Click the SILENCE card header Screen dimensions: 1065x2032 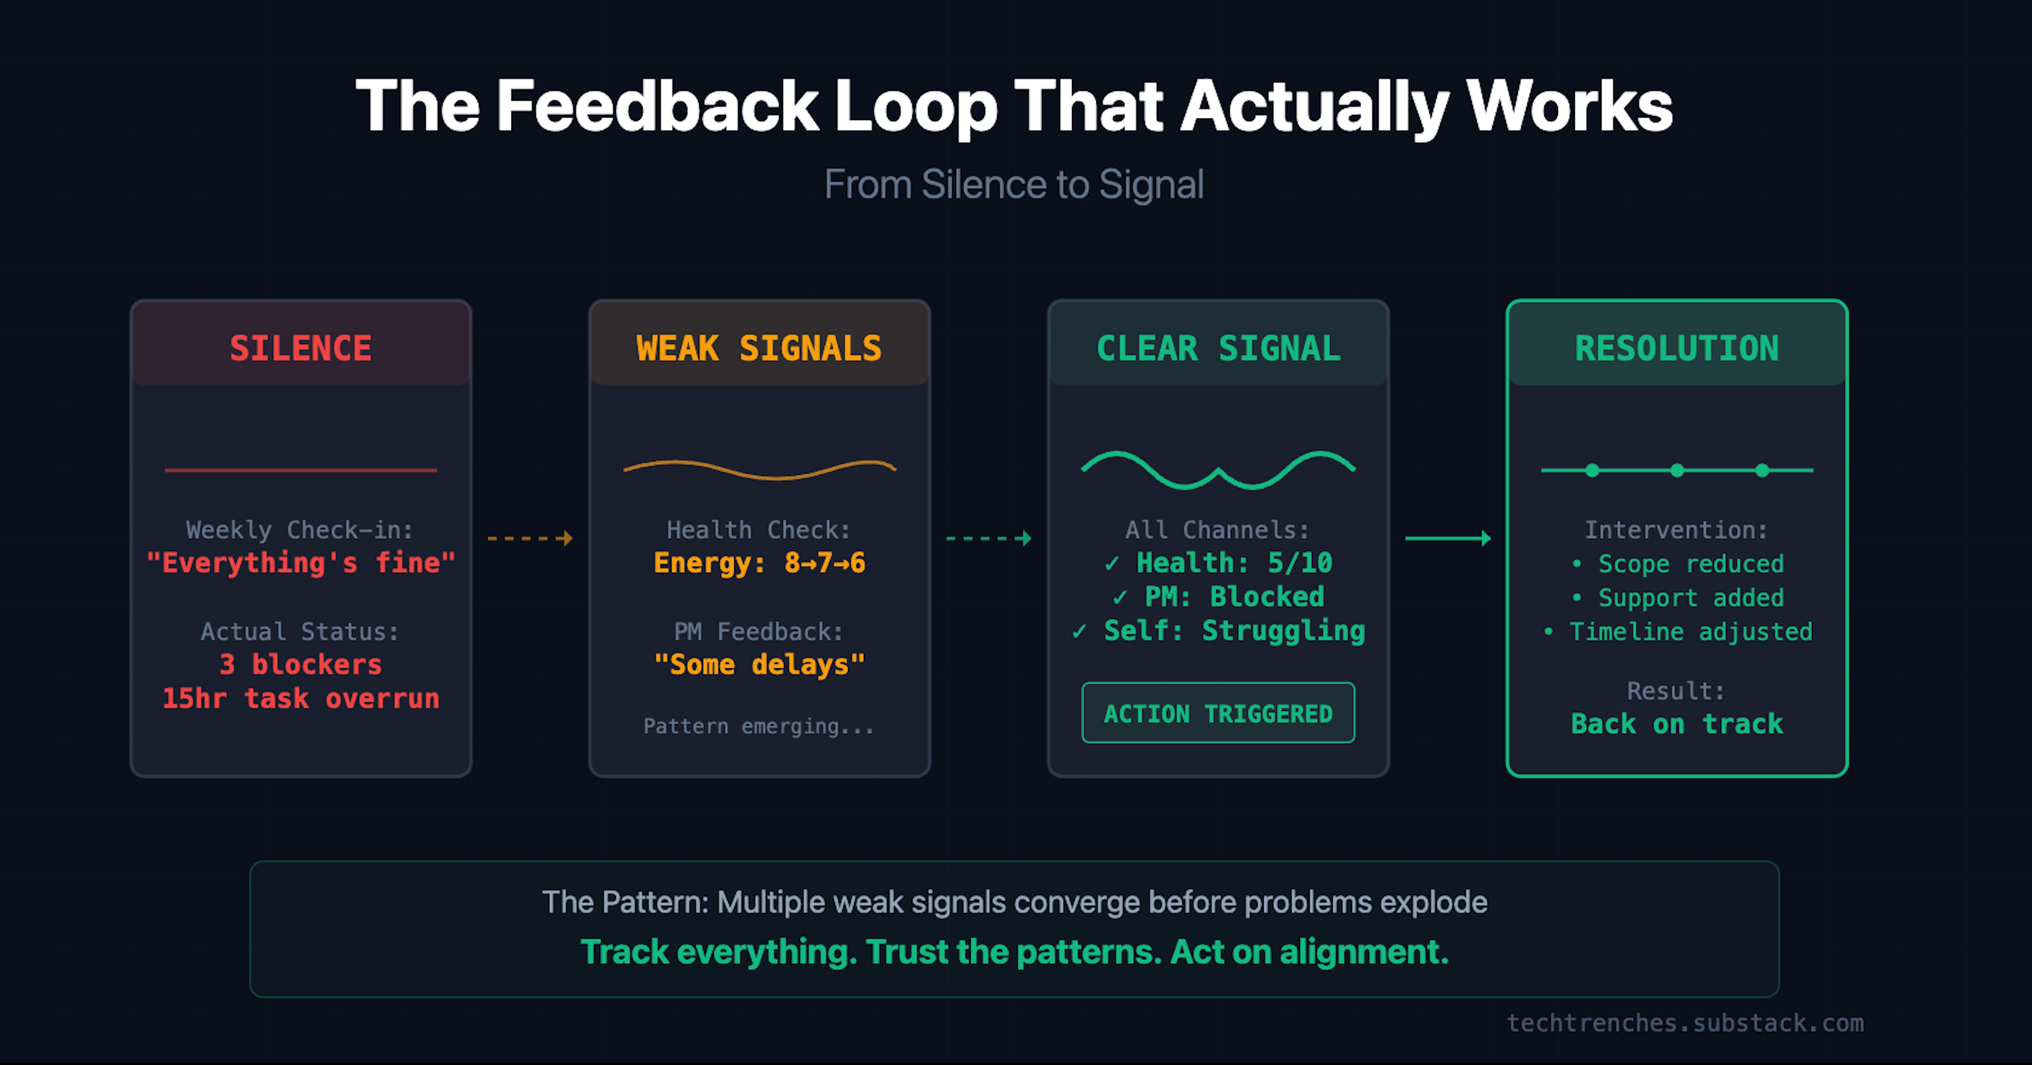point(300,348)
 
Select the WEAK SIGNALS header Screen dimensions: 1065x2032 point(759,348)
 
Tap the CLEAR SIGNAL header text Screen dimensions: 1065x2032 point(1218,348)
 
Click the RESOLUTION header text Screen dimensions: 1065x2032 point(1677,348)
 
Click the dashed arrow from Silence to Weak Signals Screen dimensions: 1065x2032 point(529,539)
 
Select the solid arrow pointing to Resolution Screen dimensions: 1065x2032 point(1448,539)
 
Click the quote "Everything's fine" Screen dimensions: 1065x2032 point(300,563)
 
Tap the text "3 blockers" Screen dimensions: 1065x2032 point(300,665)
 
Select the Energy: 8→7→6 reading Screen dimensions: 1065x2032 point(759,563)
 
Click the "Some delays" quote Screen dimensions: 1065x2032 point(759,665)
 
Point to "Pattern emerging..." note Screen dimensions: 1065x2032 point(759,727)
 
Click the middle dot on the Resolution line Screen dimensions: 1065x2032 point(1677,471)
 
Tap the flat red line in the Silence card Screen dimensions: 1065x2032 point(300,470)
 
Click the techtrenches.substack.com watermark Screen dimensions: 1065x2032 point(1685,1023)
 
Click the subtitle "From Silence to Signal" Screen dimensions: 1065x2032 point(1014,184)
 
